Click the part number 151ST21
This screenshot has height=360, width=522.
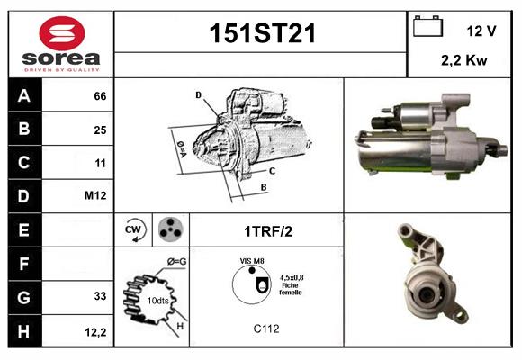(262, 34)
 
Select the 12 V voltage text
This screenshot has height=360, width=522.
(481, 31)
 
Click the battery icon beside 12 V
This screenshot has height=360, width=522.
(426, 27)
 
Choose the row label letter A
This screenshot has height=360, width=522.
(23, 95)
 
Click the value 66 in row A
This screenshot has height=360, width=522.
(101, 95)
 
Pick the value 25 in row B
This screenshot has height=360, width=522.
(101, 130)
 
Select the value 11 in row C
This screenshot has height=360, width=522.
(101, 164)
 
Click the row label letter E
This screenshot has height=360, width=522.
(23, 231)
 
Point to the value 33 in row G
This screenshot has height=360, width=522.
(101, 295)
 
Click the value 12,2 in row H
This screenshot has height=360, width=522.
(97, 332)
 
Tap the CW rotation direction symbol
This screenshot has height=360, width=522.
(134, 230)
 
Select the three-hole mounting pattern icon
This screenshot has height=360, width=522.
(169, 230)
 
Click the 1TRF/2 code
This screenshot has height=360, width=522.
(267, 231)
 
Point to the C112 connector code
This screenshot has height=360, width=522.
(266, 329)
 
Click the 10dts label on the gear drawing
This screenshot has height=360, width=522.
(158, 300)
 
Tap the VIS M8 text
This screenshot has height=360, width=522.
(252, 260)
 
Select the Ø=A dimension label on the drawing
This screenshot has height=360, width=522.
(182, 146)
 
